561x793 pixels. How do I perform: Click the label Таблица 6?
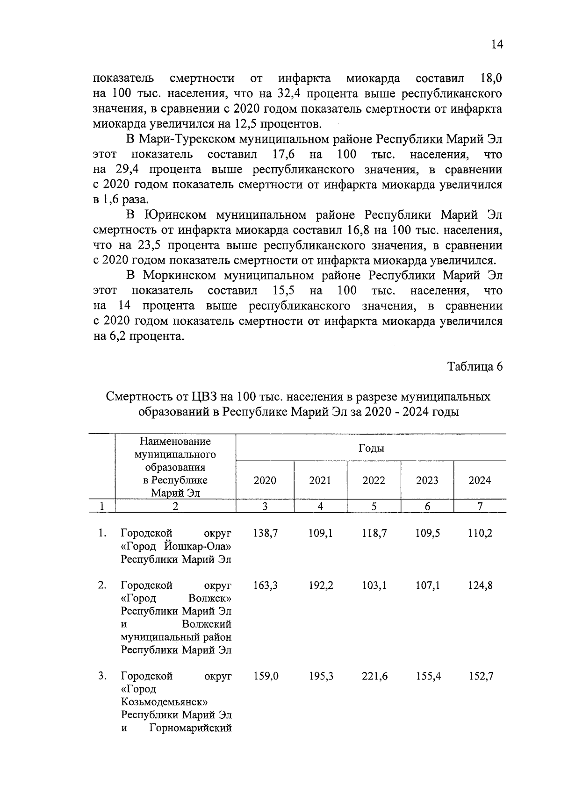click(475, 367)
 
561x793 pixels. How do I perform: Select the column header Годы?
click(371, 448)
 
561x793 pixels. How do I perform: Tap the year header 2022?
click(374, 480)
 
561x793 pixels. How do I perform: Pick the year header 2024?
click(480, 480)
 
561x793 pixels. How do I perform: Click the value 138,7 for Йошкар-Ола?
click(266, 533)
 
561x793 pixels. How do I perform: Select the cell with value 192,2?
click(321, 586)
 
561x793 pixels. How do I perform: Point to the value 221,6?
click(374, 676)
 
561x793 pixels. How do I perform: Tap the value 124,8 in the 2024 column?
click(480, 586)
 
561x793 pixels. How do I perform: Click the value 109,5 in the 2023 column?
click(427, 533)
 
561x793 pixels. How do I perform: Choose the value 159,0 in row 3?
click(266, 676)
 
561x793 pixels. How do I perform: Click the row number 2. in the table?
click(102, 586)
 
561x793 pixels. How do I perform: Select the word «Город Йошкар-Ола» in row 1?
click(176, 546)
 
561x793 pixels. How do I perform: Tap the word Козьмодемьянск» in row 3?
click(164, 702)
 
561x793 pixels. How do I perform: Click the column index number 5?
click(374, 506)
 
